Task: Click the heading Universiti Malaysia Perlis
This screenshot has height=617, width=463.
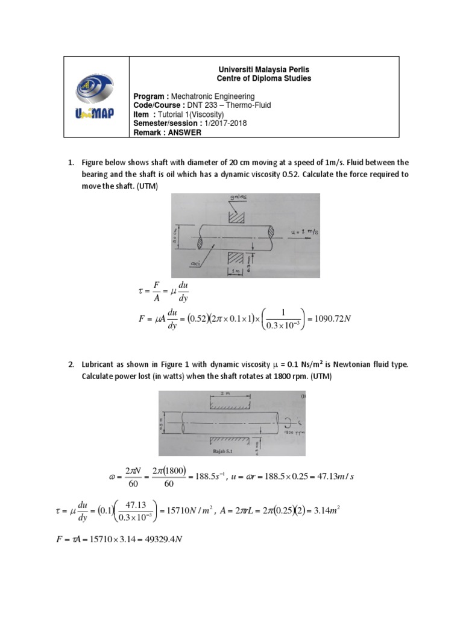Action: [x=264, y=70]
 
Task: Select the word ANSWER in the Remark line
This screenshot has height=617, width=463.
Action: [x=184, y=133]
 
